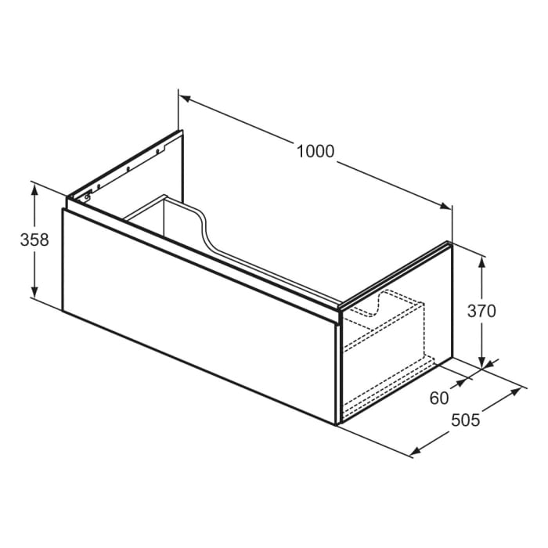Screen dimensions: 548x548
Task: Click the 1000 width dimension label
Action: (315, 151)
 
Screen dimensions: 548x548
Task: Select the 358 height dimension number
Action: (34, 240)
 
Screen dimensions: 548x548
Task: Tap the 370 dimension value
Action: (482, 310)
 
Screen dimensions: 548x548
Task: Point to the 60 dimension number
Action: (440, 398)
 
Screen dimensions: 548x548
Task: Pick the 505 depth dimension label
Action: (465, 420)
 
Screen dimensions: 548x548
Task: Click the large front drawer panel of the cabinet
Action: (196, 313)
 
